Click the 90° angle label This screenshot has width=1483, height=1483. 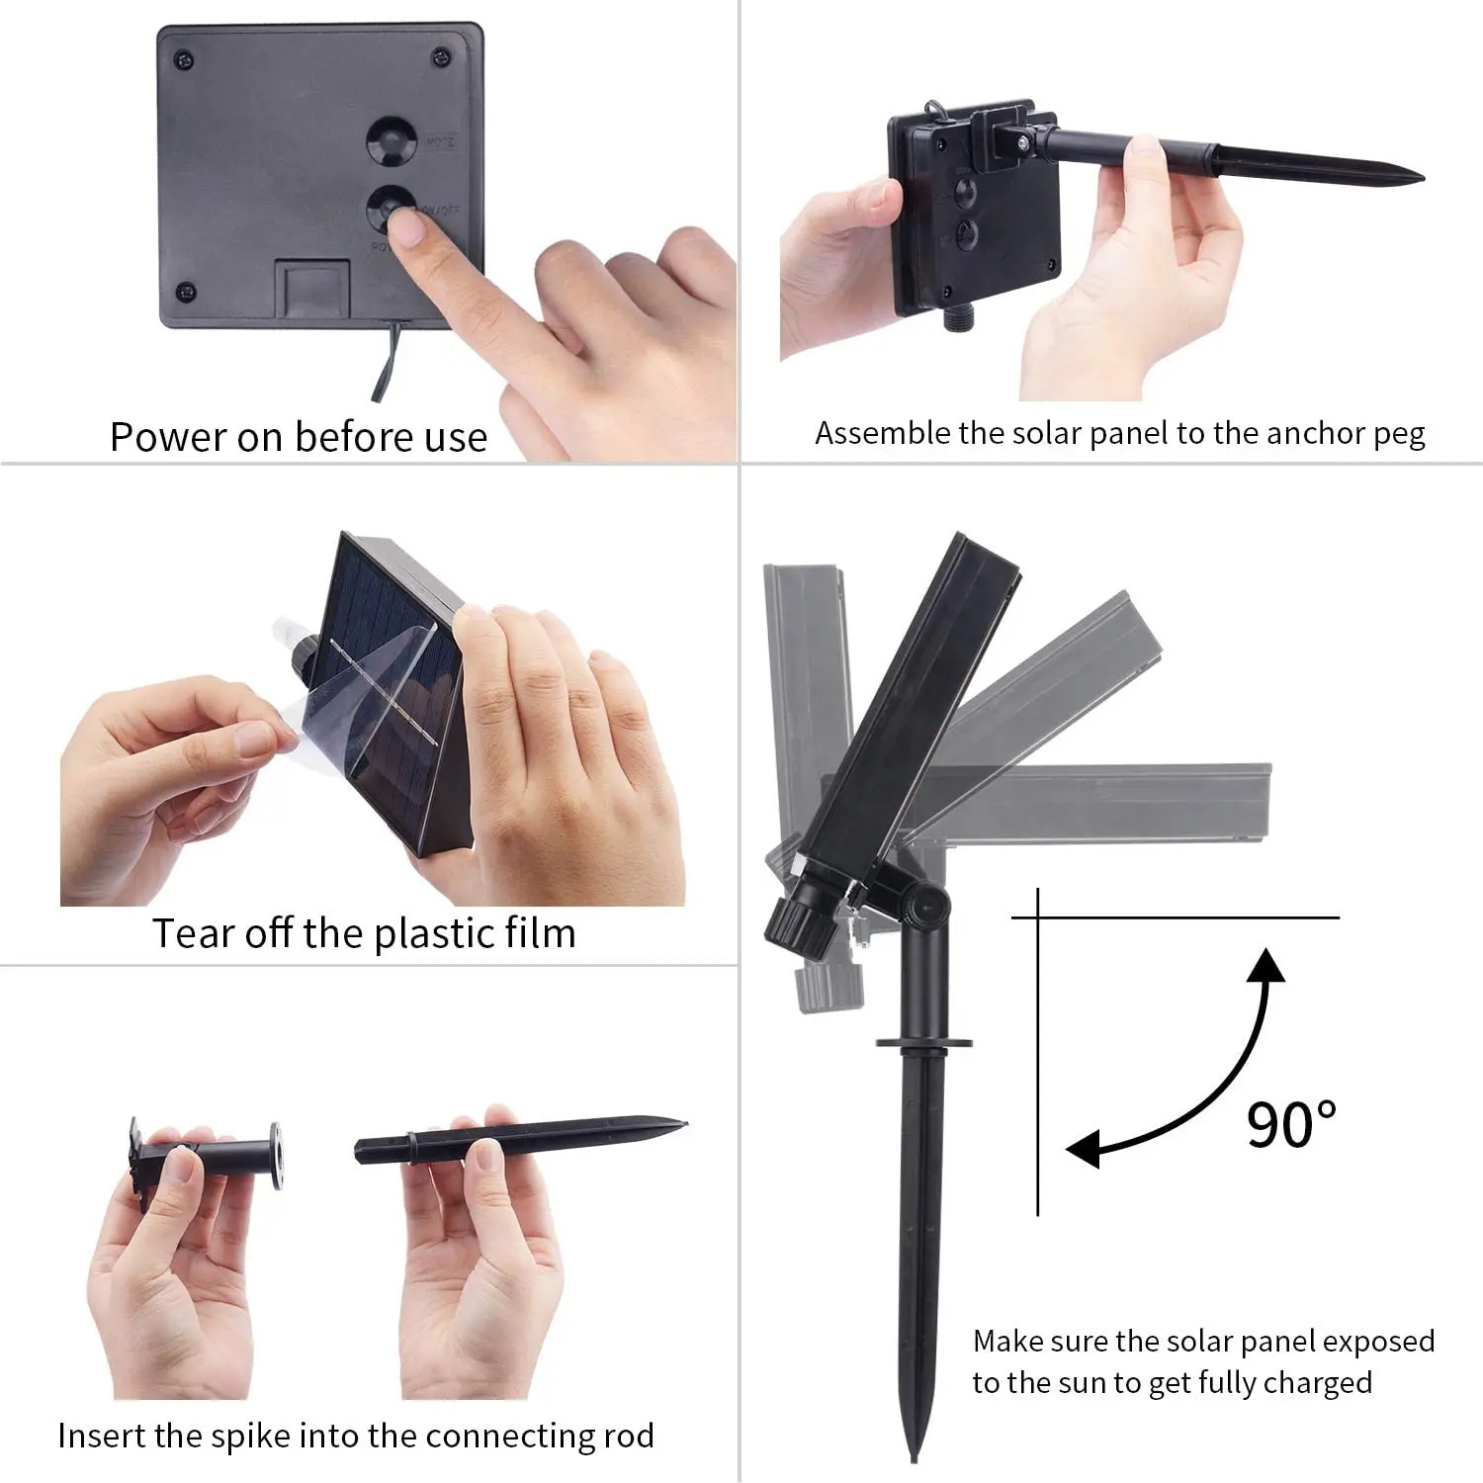(x=1291, y=1123)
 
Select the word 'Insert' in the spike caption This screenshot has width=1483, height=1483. (x=100, y=1436)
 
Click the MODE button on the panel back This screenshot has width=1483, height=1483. (x=393, y=141)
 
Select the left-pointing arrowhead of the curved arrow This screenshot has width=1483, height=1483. (x=1084, y=1149)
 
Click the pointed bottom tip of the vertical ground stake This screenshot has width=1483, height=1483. (x=914, y=1456)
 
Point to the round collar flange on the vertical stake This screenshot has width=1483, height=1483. (x=923, y=1041)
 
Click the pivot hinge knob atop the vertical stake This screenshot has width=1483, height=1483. (x=926, y=902)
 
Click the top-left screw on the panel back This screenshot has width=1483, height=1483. (x=185, y=61)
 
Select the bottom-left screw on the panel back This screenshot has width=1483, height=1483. (x=184, y=292)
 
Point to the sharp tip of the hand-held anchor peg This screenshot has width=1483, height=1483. (x=1420, y=178)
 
